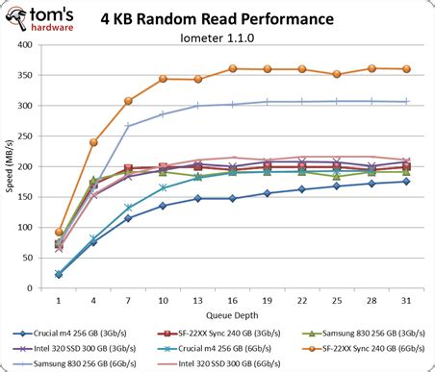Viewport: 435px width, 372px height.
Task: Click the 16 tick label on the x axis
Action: click(x=232, y=298)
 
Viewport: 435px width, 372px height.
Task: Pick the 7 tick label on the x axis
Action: click(x=128, y=298)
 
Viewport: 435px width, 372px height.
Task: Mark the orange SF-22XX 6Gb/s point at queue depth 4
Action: click(x=93, y=142)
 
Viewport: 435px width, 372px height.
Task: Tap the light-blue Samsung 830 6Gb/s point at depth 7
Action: click(x=128, y=126)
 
